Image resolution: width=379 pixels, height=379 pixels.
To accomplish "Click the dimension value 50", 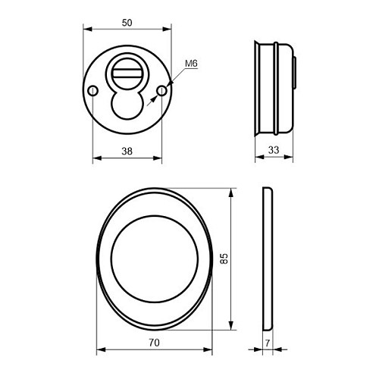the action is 127,23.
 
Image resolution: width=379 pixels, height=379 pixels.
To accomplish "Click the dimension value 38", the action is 127,151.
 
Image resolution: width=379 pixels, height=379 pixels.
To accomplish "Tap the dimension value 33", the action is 274,150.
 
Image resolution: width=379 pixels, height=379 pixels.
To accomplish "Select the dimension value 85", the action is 224,258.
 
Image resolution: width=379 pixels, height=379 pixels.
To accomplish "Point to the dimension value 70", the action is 154,343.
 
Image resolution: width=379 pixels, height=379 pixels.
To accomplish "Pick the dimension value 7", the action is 268,343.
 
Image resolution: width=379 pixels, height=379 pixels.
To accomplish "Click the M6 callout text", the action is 191,64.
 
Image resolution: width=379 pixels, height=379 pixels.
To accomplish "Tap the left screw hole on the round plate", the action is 93,91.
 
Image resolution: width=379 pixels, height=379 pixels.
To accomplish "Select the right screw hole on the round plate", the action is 161,91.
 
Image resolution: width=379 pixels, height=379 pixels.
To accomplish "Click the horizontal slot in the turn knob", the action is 127,74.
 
